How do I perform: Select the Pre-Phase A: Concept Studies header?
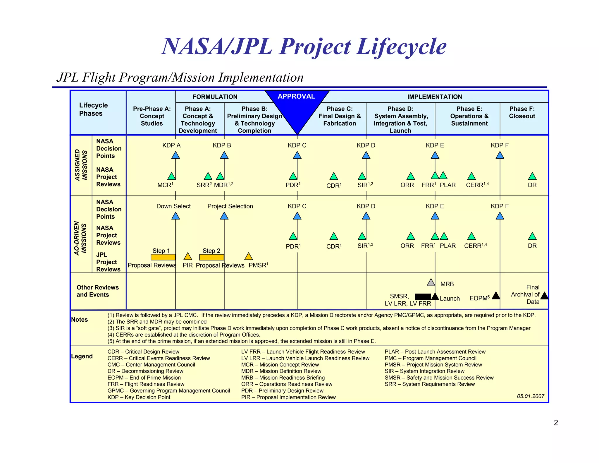(152, 116)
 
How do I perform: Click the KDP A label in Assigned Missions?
(171, 145)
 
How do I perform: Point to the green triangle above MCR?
(171, 176)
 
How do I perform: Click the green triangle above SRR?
(208, 176)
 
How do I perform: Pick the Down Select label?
(173, 206)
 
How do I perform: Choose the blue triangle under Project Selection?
(224, 216)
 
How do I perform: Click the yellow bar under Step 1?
(163, 257)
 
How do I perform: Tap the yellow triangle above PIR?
(188, 256)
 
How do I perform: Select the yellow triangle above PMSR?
(249, 256)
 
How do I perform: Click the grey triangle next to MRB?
(431, 282)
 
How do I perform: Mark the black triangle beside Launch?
(435, 296)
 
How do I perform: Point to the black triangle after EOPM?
(496, 296)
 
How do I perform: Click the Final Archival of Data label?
(525, 294)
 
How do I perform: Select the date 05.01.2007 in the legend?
(531, 396)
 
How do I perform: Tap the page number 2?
(556, 423)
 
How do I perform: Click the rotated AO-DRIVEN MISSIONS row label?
(80, 238)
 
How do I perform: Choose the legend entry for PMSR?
(433, 365)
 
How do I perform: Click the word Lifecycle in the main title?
(402, 47)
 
